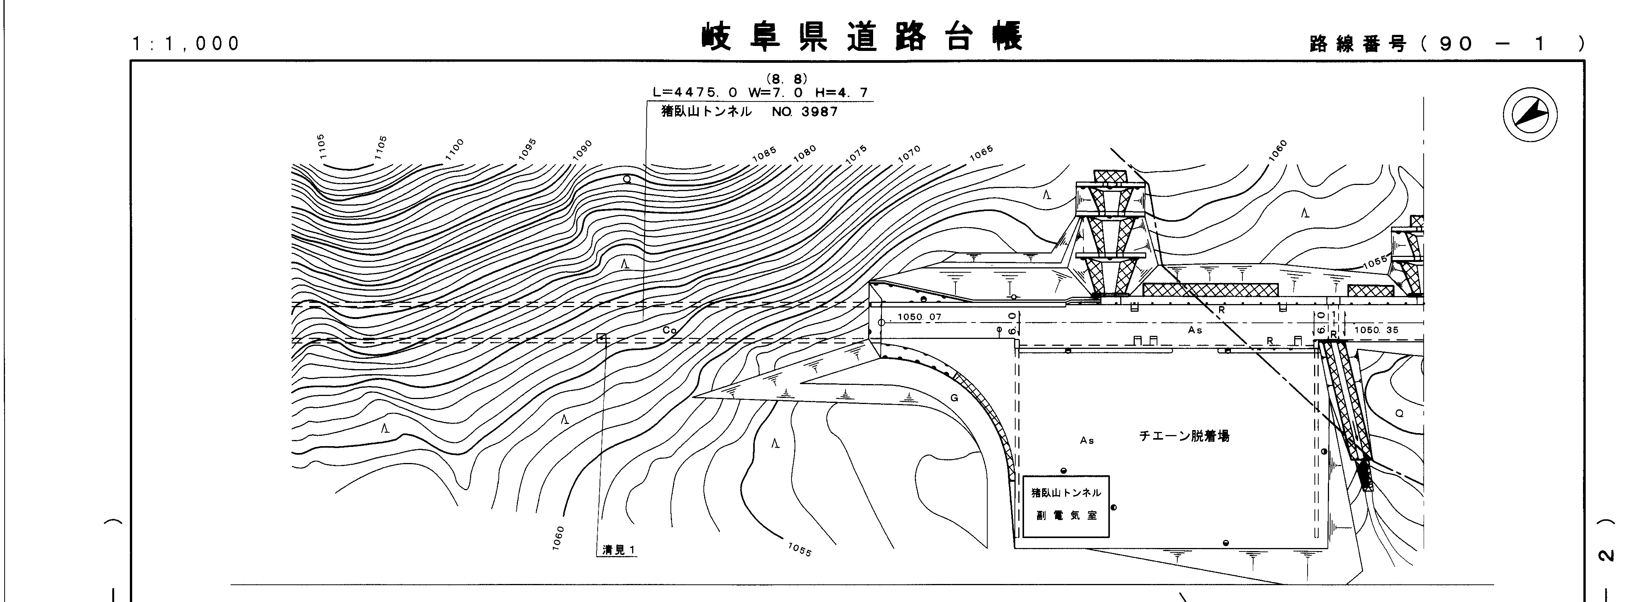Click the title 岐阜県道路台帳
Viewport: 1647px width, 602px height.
pyautogui.click(x=862, y=36)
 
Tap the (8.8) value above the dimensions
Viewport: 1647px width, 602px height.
pyautogui.click(x=787, y=79)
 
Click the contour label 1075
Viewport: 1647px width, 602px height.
pyautogui.click(x=856, y=155)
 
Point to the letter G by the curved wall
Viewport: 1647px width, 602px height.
pyautogui.click(x=954, y=398)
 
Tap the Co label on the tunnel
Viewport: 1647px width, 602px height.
pyautogui.click(x=669, y=330)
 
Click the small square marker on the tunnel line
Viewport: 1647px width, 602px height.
pyautogui.click(x=601, y=338)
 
